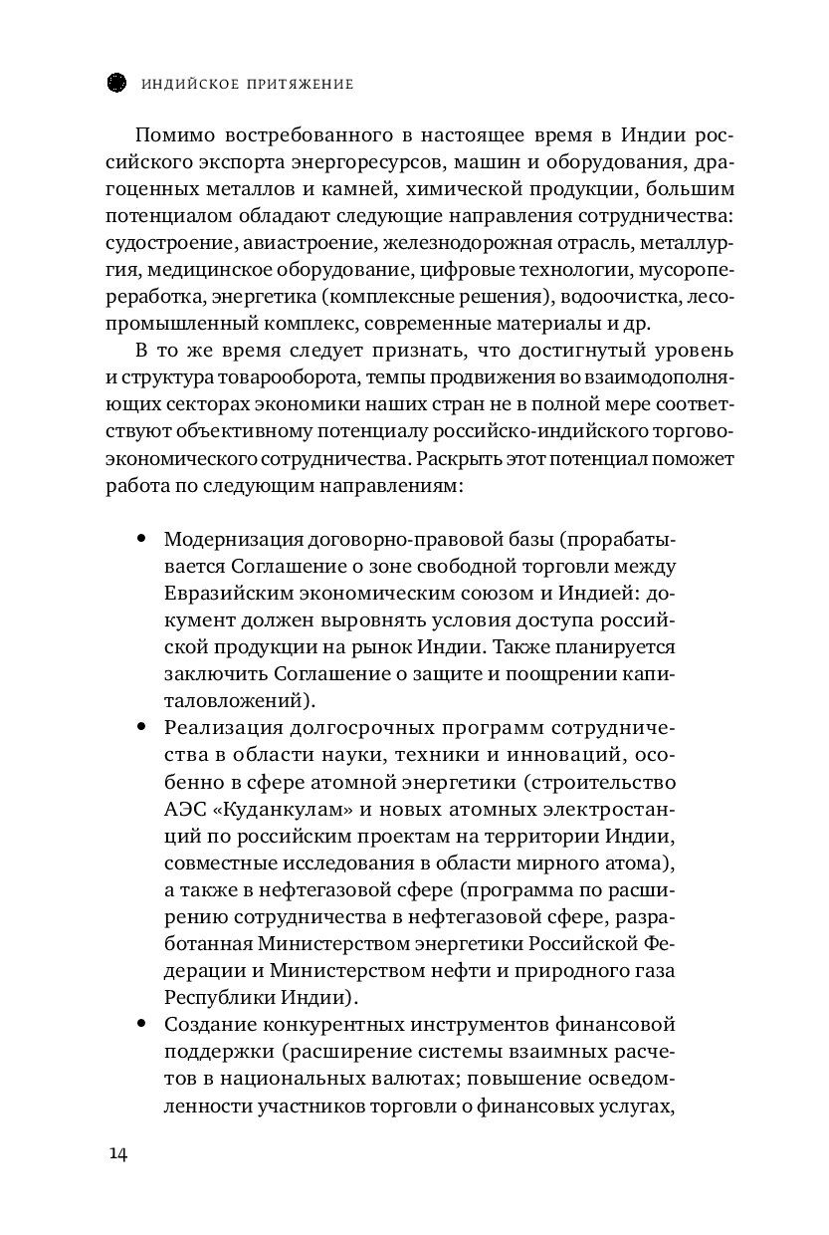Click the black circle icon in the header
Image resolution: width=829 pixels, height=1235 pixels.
tap(114, 84)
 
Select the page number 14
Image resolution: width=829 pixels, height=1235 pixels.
tap(117, 1153)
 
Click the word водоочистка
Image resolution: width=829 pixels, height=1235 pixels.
tap(612, 296)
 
